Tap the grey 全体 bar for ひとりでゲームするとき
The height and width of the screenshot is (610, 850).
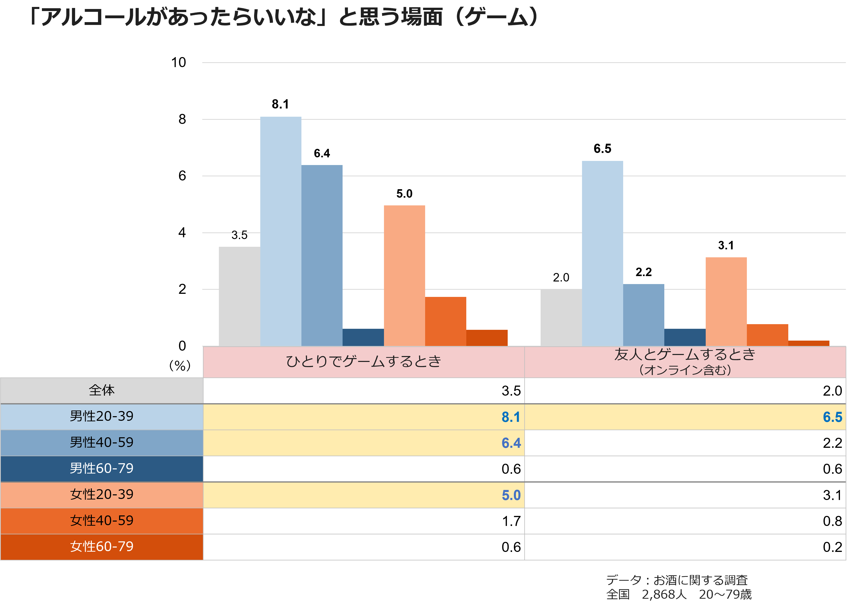[x=239, y=296]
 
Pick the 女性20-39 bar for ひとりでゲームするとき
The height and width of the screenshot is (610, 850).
[x=404, y=275]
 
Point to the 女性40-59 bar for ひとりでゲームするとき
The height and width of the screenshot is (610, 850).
[x=446, y=321]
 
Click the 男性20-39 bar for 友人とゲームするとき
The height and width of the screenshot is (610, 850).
[x=602, y=253]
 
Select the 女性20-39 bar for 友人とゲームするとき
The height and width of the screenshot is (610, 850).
[x=726, y=301]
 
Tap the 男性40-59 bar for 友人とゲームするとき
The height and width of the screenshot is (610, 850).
[x=643, y=315]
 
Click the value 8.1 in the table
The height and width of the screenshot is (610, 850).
[x=511, y=417]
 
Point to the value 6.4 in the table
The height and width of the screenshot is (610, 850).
[x=511, y=443]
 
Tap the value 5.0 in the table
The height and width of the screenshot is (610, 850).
[x=511, y=495]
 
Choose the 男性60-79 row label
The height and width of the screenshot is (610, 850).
[x=102, y=468]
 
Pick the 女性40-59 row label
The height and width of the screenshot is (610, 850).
[x=102, y=521]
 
